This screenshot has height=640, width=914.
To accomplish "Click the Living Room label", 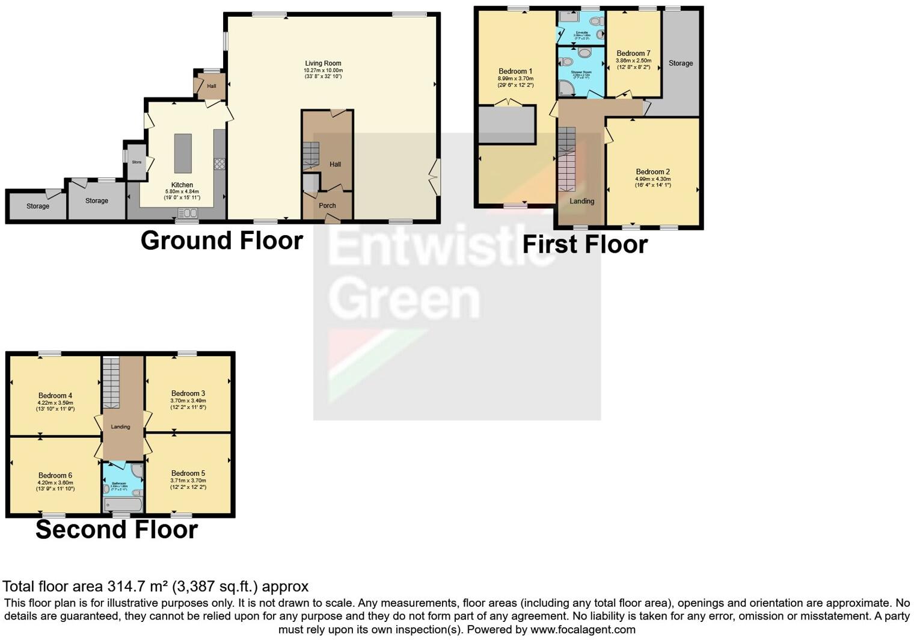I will [323, 63].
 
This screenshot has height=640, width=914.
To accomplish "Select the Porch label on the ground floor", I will [327, 206].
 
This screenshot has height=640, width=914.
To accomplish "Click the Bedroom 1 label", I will [515, 71].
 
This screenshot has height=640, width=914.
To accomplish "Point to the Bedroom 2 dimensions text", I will [652, 182].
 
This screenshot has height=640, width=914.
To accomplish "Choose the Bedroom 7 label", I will [633, 54].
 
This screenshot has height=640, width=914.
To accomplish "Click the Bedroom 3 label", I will [188, 393].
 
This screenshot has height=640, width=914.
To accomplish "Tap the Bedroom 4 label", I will [55, 396].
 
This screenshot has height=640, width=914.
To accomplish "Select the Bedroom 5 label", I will [188, 473].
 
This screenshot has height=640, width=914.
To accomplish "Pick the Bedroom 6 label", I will [55, 475].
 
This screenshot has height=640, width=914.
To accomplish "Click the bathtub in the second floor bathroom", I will [123, 505].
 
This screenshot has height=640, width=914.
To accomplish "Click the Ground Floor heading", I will [221, 241].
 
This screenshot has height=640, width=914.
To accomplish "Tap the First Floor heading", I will [584, 245].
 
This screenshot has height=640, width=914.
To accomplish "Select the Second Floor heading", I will [117, 530].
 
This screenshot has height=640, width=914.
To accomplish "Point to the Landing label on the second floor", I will [120, 426].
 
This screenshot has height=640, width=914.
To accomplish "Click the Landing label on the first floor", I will [581, 202].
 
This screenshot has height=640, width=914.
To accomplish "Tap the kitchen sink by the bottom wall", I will [188, 213].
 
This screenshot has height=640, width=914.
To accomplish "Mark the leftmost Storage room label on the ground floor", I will [38, 206].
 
